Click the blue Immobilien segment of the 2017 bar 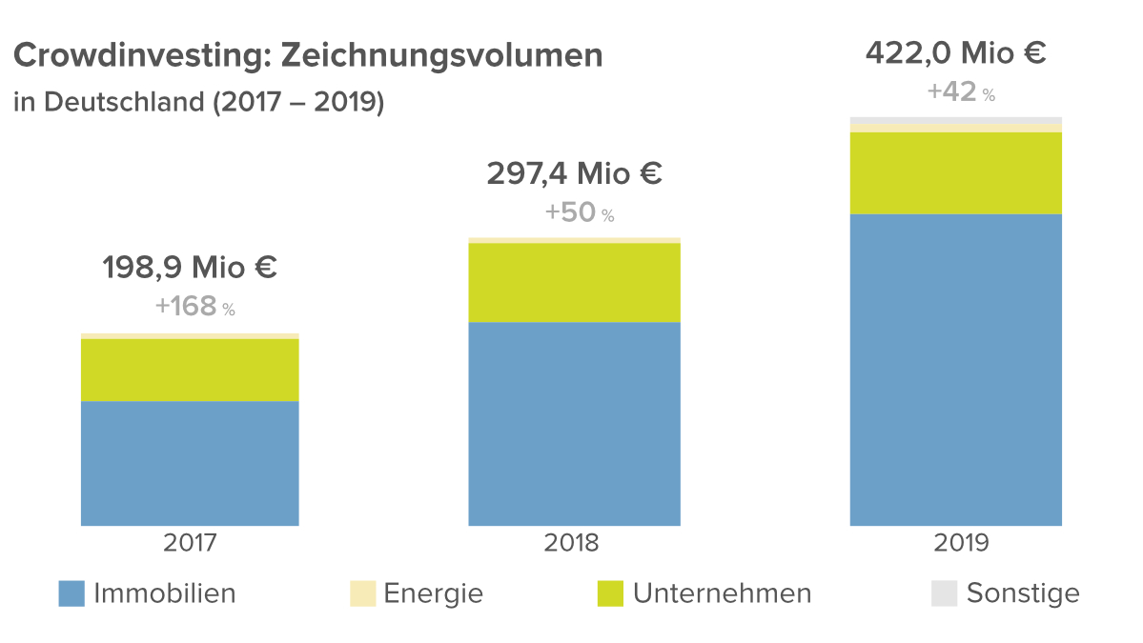pos(190,463)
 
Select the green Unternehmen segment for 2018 pos(574,283)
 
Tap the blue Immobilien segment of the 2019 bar pos(955,370)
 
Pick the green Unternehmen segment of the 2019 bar pos(955,173)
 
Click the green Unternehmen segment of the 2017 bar pos(190,371)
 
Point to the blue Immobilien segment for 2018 pos(574,424)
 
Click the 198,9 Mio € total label pos(190,268)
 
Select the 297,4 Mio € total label pos(574,174)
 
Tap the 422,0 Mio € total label pos(955,52)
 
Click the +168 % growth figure pos(194,307)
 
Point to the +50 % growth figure pos(579,212)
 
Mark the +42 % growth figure pos(960,92)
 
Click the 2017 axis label pos(190,543)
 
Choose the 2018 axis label pos(572,543)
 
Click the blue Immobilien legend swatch pos(71,593)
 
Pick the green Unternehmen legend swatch pos(610,593)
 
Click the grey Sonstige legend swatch pos(944,593)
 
